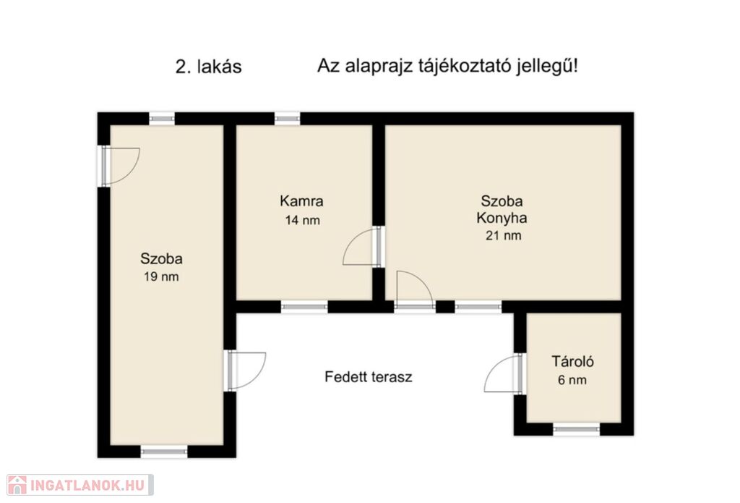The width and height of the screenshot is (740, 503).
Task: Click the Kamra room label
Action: [301, 201]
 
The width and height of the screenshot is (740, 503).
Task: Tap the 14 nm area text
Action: [303, 220]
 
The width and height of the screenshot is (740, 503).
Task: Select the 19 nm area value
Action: [161, 277]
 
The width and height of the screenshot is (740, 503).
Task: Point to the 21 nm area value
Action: [504, 235]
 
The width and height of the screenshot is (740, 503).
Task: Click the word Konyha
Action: [502, 218]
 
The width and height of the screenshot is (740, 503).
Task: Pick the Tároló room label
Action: [573, 362]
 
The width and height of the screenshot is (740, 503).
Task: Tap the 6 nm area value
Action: [572, 380]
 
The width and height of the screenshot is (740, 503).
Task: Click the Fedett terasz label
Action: [369, 377]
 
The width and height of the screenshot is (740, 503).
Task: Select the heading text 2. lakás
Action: [209, 67]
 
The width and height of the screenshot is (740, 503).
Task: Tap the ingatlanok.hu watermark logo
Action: [80, 485]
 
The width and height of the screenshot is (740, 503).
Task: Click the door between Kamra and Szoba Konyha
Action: [363, 247]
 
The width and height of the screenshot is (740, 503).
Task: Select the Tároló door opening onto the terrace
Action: [504, 373]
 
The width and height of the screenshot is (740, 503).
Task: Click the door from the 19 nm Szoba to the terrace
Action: [246, 371]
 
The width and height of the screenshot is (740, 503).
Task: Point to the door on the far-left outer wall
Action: [120, 166]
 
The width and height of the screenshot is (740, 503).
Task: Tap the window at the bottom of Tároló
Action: [576, 430]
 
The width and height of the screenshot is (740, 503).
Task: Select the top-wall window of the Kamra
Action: [287, 118]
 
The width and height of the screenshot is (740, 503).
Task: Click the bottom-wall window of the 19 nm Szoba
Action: [164, 452]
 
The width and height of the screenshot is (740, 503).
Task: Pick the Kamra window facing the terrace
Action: [304, 307]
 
